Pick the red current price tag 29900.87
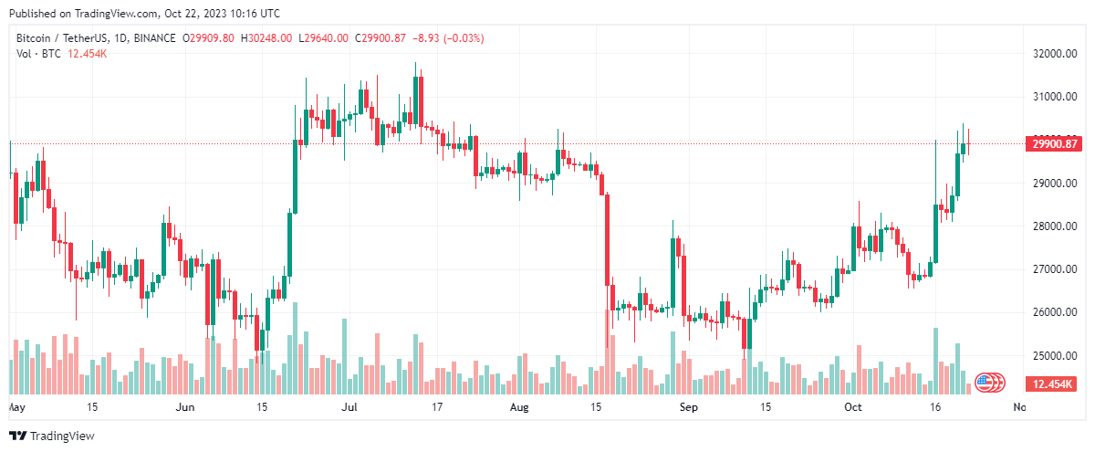[1056, 143]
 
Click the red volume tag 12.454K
[1056, 383]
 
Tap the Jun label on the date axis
[185, 406]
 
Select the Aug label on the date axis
[519, 406]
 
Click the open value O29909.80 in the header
[209, 38]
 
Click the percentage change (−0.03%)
[463, 38]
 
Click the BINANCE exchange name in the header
[151, 38]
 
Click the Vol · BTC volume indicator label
[37, 54]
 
